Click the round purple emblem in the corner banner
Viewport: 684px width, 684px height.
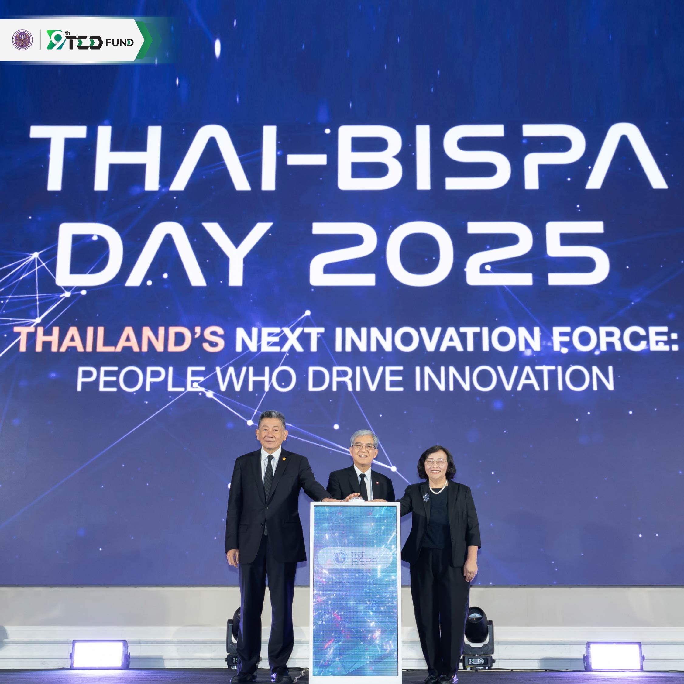pyautogui.click(x=22, y=40)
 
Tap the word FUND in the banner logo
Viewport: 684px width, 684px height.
pyautogui.click(x=120, y=43)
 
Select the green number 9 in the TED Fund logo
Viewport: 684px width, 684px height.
pyautogui.click(x=56, y=39)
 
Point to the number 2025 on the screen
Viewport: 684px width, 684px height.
pyautogui.click(x=459, y=253)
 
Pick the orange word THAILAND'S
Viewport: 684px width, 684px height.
pyautogui.click(x=119, y=339)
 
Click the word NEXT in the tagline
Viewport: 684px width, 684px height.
pyautogui.click(x=280, y=339)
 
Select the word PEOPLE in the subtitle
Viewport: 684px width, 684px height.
pyautogui.click(x=141, y=379)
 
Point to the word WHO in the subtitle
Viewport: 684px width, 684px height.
pyautogui.click(x=256, y=379)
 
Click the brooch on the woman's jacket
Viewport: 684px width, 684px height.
pyautogui.click(x=426, y=497)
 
